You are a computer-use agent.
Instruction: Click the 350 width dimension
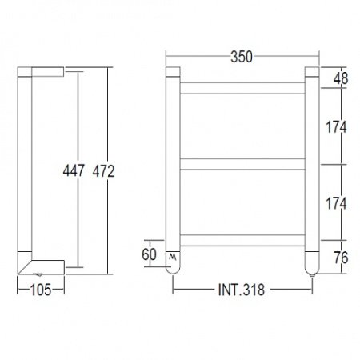pyautogui.click(x=242, y=57)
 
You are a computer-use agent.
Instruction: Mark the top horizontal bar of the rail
pyautogui.click(x=242, y=86)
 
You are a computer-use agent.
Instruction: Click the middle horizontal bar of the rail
pyautogui.click(x=242, y=163)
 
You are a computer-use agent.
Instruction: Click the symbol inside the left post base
pyautogui.click(x=173, y=256)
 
